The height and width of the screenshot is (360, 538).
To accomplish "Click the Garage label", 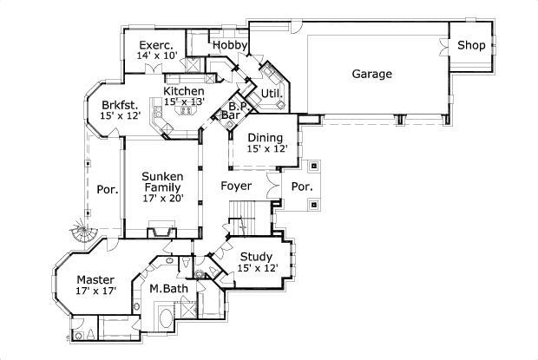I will click(x=371, y=74).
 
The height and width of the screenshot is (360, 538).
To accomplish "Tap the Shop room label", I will click(x=471, y=45).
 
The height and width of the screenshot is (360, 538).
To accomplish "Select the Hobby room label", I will click(x=231, y=45).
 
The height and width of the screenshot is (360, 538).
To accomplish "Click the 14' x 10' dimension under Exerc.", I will click(x=156, y=56).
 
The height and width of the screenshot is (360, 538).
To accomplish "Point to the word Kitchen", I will click(x=184, y=91).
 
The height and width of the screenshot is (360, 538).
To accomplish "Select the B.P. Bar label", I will click(x=234, y=108).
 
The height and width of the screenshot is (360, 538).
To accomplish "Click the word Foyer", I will click(x=236, y=187).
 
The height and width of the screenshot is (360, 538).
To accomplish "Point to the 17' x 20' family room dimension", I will click(x=163, y=198).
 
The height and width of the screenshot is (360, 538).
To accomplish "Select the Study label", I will click(x=257, y=257).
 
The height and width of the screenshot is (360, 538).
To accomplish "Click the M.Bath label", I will click(x=164, y=288).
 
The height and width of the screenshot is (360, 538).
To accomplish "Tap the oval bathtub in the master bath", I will click(x=164, y=314).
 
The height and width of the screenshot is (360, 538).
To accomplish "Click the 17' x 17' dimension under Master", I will click(x=94, y=291).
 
